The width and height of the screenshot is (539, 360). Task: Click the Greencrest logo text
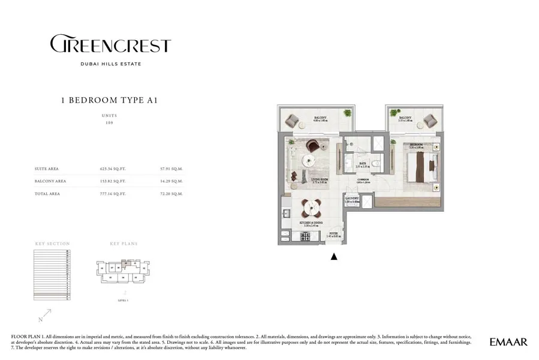tap(110, 45)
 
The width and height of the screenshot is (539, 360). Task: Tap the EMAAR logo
tap(508, 342)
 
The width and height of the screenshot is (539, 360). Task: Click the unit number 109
tap(109, 122)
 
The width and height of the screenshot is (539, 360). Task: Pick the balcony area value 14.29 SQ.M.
tap(172, 181)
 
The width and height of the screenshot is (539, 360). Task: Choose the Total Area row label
tap(47, 194)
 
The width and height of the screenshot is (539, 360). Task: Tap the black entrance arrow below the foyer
tap(334, 257)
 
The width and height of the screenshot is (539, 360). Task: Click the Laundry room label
tap(351, 199)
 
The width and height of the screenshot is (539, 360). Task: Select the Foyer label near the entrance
tap(333, 235)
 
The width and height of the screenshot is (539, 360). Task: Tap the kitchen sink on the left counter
tap(286, 213)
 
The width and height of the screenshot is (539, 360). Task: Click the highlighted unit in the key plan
tap(125, 263)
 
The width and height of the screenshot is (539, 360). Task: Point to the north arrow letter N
tap(40, 319)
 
